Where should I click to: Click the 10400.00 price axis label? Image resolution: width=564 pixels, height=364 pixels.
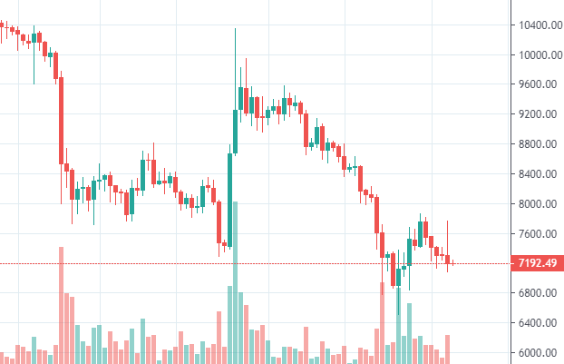point(530,25)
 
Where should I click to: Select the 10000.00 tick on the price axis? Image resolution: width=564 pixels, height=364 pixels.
point(530,55)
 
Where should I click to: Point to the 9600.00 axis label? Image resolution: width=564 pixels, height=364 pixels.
point(531,85)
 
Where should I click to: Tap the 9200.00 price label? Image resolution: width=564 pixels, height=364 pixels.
point(531,115)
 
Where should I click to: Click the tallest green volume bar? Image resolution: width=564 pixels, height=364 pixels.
point(235,281)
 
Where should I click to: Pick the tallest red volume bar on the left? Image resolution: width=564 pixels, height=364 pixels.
point(61,304)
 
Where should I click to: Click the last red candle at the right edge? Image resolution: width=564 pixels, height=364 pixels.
point(447,260)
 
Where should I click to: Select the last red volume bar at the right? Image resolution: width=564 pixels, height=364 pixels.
point(447,349)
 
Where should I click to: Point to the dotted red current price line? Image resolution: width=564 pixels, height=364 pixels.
point(272,264)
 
